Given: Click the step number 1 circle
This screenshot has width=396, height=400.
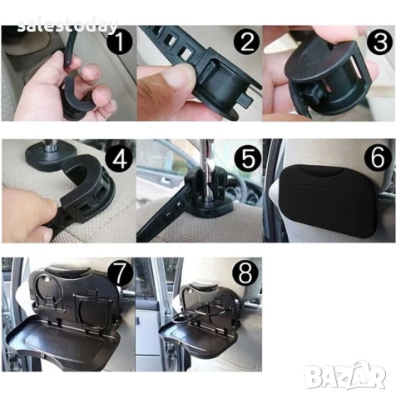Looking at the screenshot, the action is click(120, 42).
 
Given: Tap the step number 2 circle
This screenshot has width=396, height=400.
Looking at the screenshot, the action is click(246, 42).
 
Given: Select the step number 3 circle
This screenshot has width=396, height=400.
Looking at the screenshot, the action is click(380, 42).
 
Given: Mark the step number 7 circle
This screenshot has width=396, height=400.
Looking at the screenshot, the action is click(120, 273).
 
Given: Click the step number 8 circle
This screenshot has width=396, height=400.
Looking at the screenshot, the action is click(245, 273).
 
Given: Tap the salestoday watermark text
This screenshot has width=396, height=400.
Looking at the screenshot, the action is click(67, 26).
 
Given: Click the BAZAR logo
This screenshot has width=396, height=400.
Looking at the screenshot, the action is click(345, 376).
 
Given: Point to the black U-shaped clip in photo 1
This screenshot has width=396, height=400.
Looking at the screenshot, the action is click(76, 96).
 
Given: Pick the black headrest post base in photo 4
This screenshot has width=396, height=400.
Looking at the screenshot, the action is click(52, 156).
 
